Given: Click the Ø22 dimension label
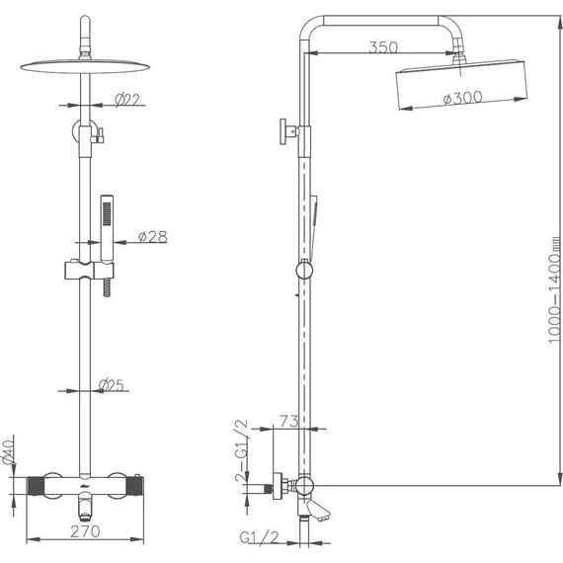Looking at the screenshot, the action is tap(127, 99).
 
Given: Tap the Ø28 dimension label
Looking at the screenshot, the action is tap(152, 236).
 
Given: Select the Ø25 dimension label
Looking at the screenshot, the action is tap(111, 385).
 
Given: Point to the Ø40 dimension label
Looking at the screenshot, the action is tap(8, 451).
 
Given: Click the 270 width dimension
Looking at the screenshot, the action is tap(85, 531).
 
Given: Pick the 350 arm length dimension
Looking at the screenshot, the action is tap(383, 47).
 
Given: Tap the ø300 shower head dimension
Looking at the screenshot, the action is tap(462, 98).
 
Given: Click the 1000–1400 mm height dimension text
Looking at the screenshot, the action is tap(555, 289).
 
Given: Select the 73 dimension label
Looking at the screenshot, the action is tap(289, 421).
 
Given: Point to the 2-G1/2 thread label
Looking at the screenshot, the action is tap(241, 450).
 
